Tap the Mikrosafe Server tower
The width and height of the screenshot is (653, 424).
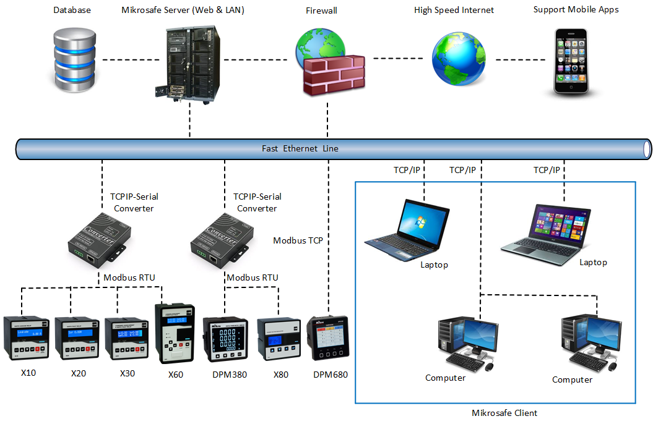click(191, 64)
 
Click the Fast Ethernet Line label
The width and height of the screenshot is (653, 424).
click(300, 149)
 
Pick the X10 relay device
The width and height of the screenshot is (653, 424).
click(25, 338)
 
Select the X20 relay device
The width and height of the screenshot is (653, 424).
click(77, 338)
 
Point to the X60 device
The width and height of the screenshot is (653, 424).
click(175, 333)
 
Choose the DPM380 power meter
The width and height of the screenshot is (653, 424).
click(225, 339)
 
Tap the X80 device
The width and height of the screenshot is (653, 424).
click(279, 339)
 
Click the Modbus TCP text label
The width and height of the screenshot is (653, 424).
click(298, 240)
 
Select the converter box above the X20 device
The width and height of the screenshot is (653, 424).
click(97, 237)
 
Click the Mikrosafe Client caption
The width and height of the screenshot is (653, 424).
click(504, 413)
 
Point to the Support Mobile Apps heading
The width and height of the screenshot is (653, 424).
click(576, 10)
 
